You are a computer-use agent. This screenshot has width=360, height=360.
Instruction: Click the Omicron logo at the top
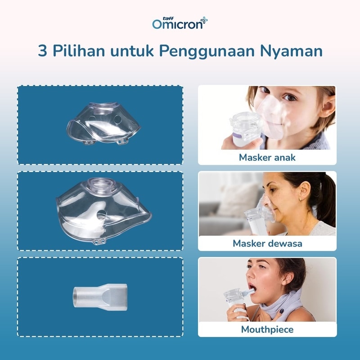pos(180,23)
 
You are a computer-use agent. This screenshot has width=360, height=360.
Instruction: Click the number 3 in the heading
pos(42,51)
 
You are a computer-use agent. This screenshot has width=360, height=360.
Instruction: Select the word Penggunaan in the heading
pos(207,51)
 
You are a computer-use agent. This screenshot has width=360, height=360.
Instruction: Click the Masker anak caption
pos(267,157)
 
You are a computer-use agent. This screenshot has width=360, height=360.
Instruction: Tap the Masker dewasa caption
pos(267,243)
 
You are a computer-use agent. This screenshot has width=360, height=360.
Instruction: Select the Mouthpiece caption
pos(267,330)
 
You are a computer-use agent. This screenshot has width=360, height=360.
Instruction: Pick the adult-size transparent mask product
pos(103,211)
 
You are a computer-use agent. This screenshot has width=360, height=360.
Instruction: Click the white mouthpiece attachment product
pos(100,297)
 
